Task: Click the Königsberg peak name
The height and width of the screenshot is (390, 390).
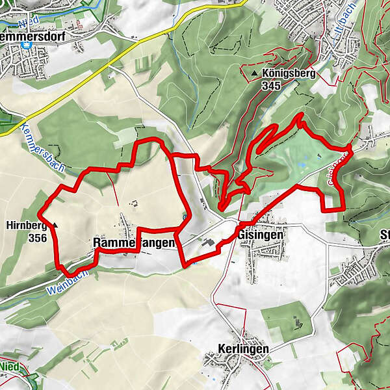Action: [x=289, y=74]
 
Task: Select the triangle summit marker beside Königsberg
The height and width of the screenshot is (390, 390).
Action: [x=254, y=75]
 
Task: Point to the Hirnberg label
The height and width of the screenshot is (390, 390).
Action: [x=26, y=226]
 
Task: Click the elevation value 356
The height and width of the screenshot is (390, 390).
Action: [x=37, y=238]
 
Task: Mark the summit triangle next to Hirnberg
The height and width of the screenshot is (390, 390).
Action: [x=56, y=226]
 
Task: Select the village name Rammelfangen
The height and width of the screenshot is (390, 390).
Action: [x=134, y=242]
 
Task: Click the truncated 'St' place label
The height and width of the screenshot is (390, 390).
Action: [x=382, y=234]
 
